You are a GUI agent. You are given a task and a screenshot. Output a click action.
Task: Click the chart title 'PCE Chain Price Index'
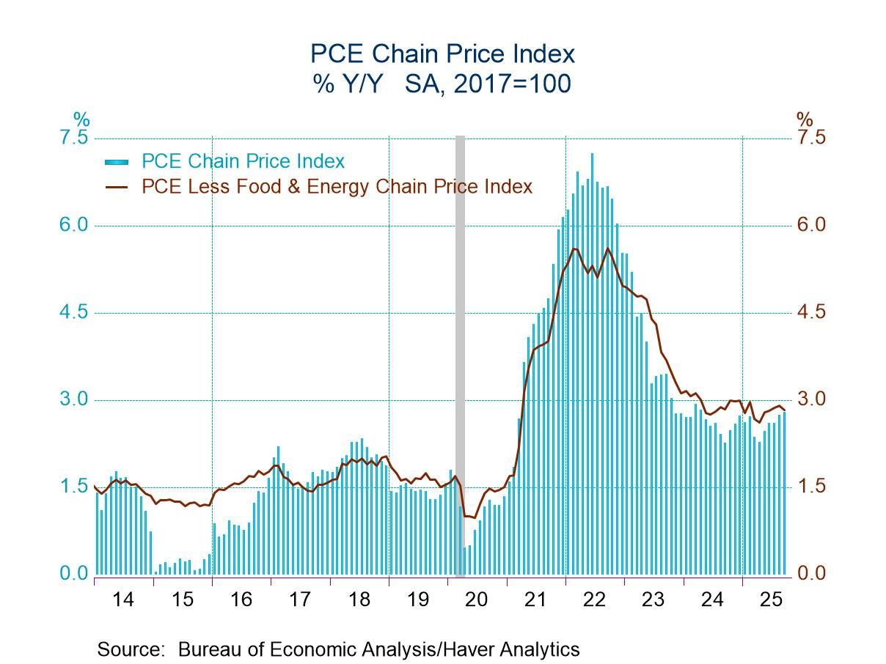(x=442, y=54)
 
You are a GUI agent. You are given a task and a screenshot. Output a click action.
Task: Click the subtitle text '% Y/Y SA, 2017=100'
(x=442, y=84)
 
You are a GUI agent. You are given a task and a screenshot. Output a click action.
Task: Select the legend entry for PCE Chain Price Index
(x=242, y=161)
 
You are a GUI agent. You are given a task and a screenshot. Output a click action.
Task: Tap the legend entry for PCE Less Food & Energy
(x=337, y=187)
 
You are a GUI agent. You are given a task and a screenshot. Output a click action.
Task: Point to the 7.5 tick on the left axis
(x=73, y=139)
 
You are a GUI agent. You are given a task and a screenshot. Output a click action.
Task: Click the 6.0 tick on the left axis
(x=73, y=226)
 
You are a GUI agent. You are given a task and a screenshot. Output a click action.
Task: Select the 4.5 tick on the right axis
(x=810, y=312)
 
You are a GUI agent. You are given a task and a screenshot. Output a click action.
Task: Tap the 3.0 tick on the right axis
(x=810, y=399)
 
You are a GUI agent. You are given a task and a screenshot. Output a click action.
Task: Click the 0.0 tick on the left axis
(x=73, y=573)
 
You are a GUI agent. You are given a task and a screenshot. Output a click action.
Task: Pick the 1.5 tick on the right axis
(x=810, y=487)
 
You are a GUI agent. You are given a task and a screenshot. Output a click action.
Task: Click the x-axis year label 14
(x=123, y=600)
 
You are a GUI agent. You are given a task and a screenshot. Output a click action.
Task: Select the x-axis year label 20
(x=477, y=600)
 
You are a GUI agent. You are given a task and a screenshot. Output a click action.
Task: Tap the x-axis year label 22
(x=595, y=600)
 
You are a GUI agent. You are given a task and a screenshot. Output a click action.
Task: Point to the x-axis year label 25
(x=772, y=600)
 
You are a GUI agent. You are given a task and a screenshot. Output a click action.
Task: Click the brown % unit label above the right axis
(x=805, y=119)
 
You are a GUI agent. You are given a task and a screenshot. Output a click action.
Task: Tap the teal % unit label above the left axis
(x=81, y=119)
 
